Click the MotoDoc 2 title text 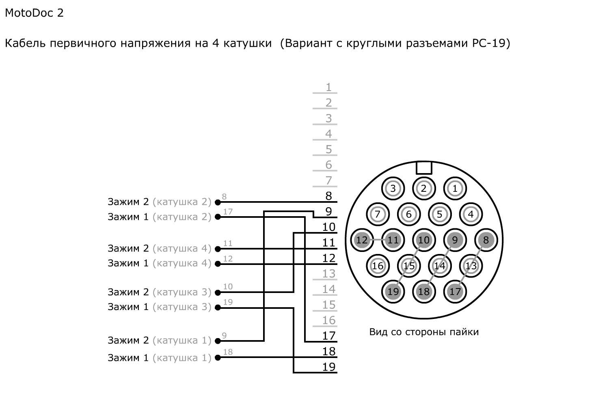tap(34, 13)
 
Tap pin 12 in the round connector tap(361, 240)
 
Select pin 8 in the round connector tap(486, 240)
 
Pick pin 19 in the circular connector tap(393, 292)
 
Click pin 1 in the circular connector tap(455, 189)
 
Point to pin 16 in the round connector tap(378, 266)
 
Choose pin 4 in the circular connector tap(471, 214)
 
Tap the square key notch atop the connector tap(424, 168)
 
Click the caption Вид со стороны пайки tap(424, 332)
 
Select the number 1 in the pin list tap(328, 87)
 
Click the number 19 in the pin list tap(328, 367)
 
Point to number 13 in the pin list tap(328, 274)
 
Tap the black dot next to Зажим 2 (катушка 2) tap(218, 202)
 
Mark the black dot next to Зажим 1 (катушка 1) tap(218, 358)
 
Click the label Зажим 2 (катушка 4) tap(159, 248)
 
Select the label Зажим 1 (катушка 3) tap(159, 307)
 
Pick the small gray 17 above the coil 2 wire tap(228, 212)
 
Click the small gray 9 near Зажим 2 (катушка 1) tap(224, 336)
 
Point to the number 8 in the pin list tap(328, 196)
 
